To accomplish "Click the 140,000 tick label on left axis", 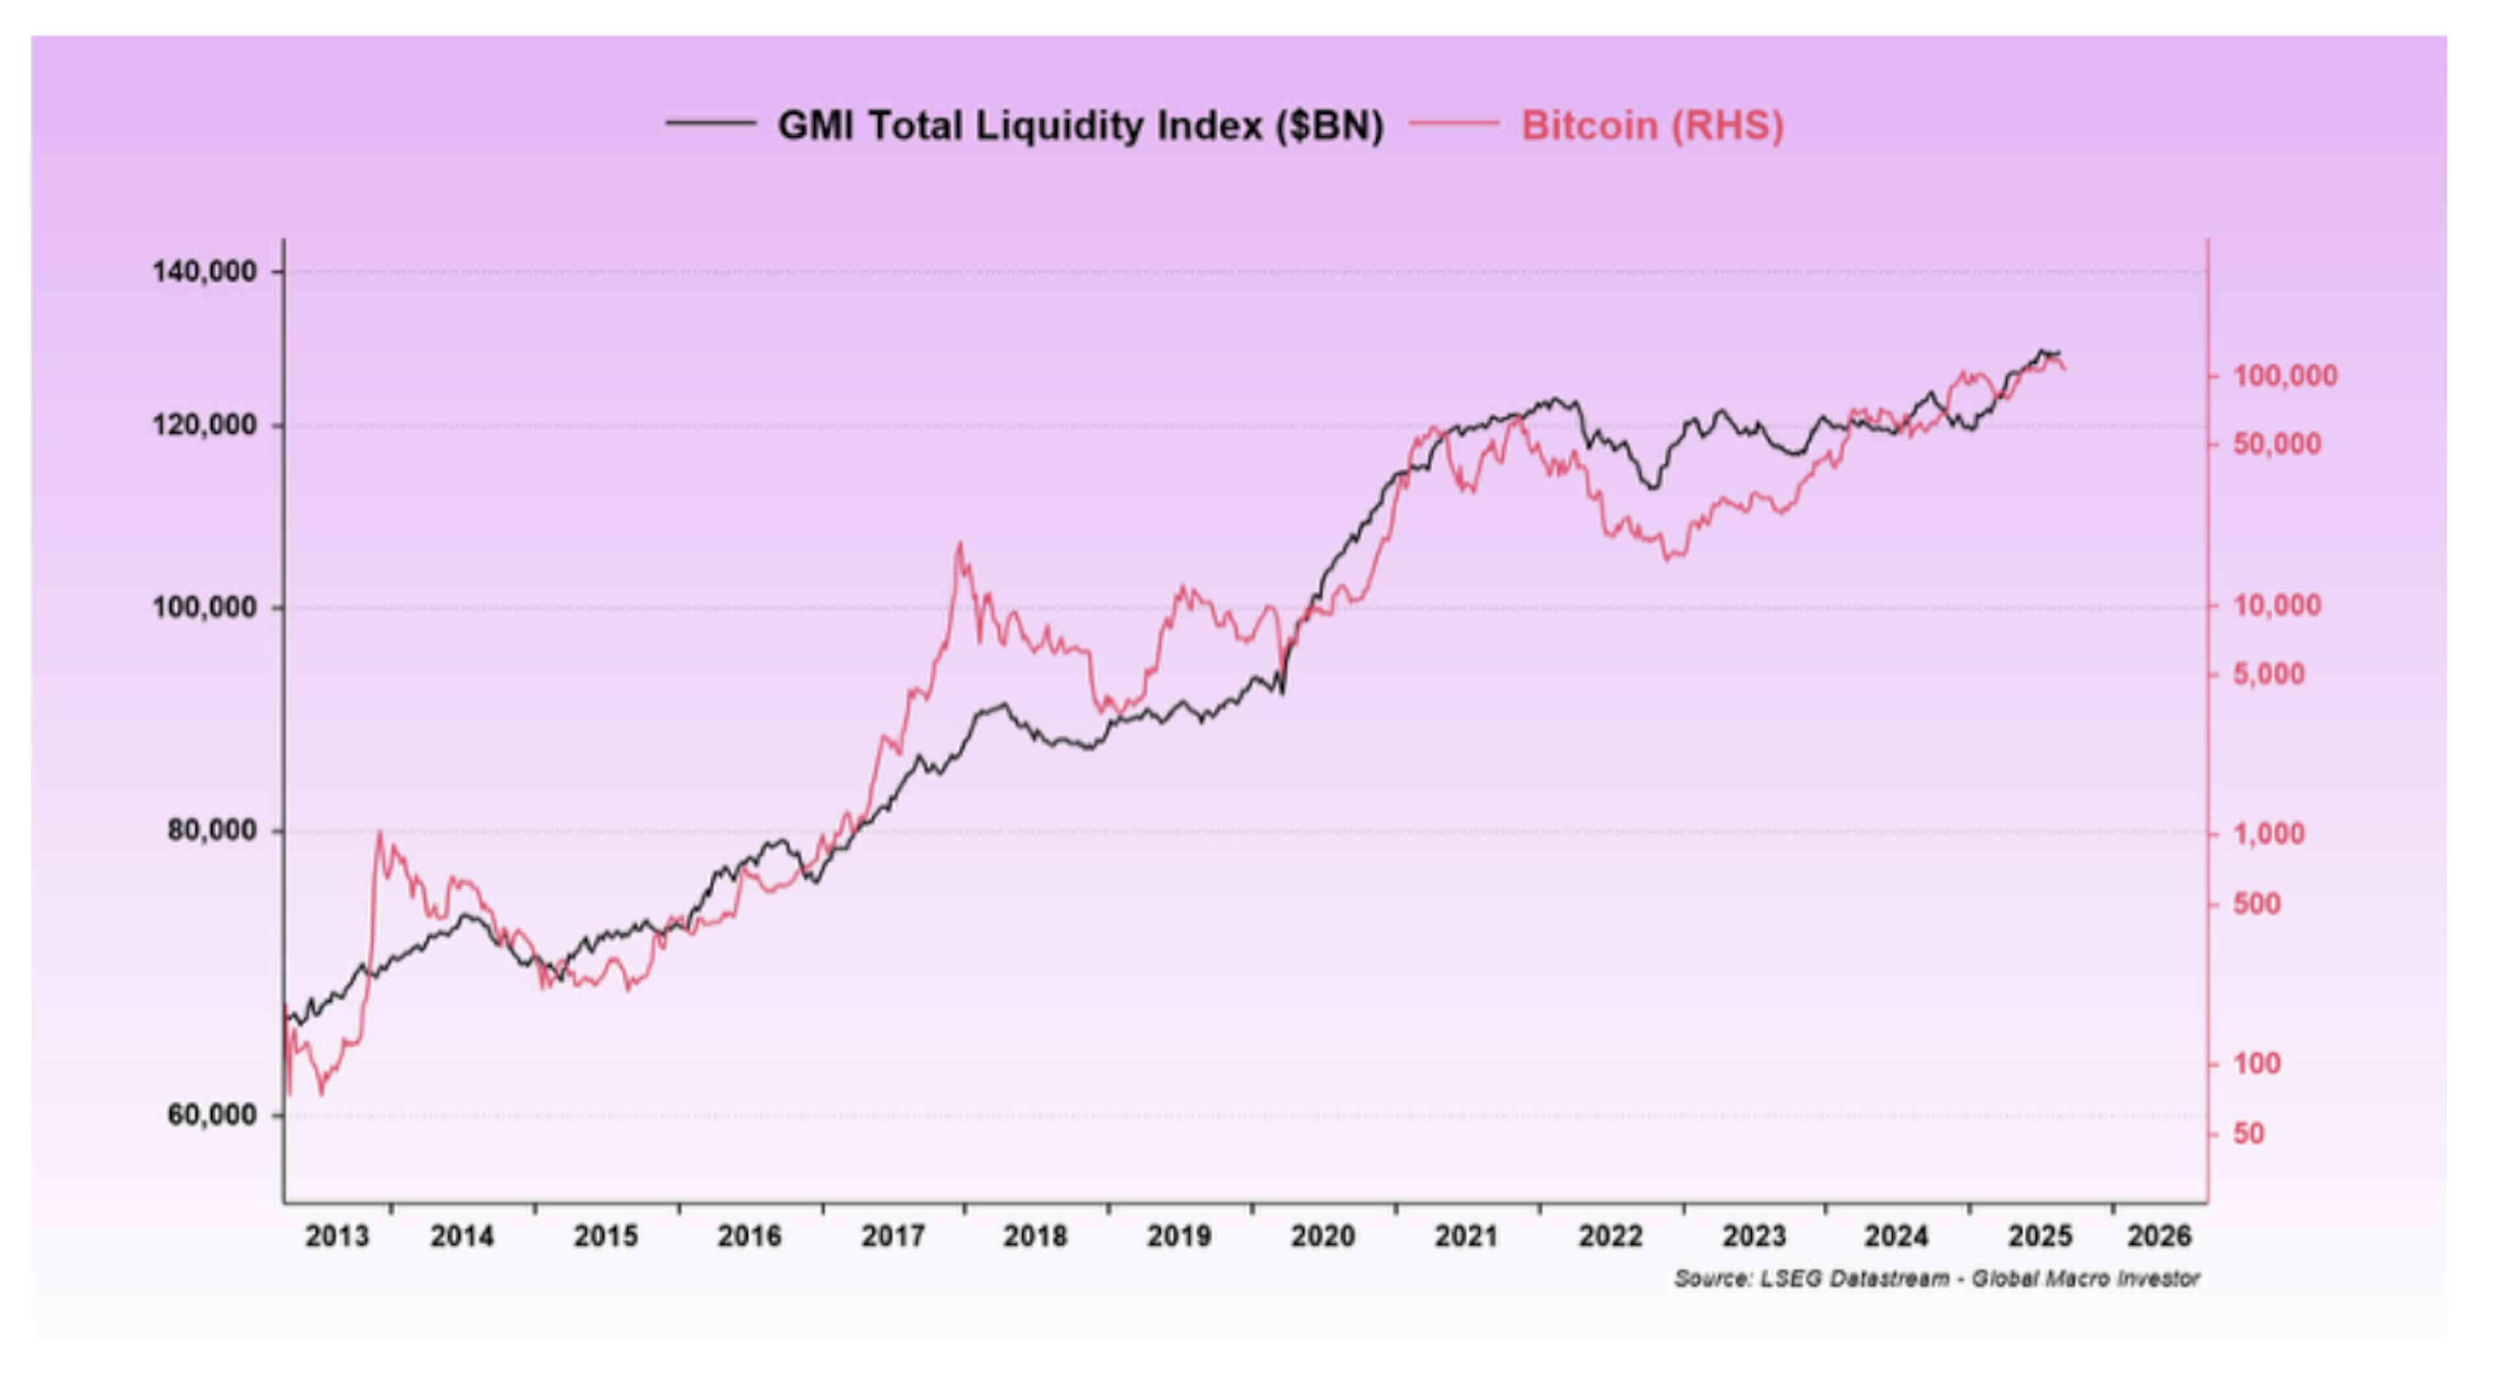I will tap(205, 271).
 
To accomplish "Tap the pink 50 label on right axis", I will tap(2248, 1133).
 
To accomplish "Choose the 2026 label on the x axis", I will tap(2158, 1237).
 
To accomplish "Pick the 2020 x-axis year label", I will tap(1322, 1237).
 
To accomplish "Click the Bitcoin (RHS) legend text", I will tap(1652, 126).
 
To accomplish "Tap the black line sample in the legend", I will tap(711, 123).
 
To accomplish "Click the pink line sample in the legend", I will tap(1454, 123).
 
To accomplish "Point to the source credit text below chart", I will tap(1936, 1279).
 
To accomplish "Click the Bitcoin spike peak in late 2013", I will tap(379, 833).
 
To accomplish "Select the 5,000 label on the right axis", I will tap(2269, 674).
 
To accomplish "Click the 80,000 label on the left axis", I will tap(211, 830).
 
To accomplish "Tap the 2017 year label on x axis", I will tap(892, 1237).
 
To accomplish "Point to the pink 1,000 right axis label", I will tap(2269, 833).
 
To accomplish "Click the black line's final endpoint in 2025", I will tap(2059, 353).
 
